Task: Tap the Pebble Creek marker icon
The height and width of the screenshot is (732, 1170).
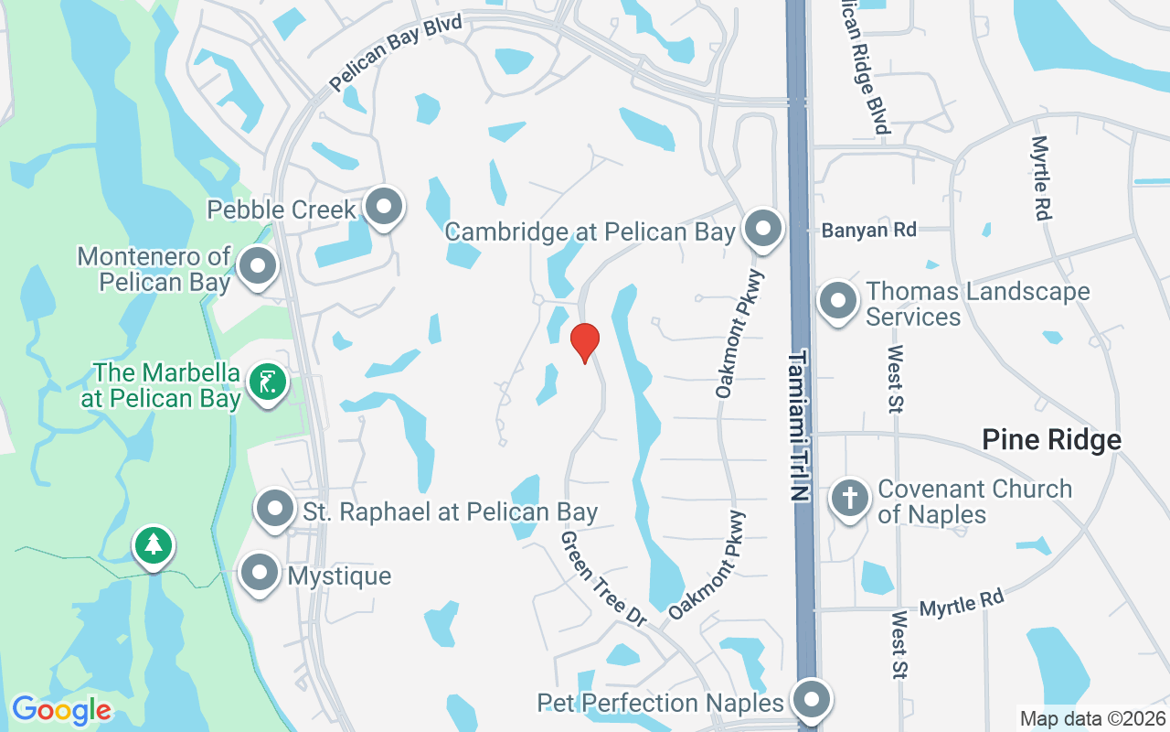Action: [384, 207]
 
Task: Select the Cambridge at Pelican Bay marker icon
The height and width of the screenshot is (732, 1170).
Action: [762, 230]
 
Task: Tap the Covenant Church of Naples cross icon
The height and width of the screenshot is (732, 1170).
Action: [850, 499]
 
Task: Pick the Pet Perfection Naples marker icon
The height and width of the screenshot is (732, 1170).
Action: [811, 702]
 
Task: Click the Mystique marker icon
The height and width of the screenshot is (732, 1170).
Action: [259, 574]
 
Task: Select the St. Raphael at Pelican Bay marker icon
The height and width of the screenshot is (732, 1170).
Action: [274, 510]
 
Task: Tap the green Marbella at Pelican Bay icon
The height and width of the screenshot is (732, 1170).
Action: [267, 382]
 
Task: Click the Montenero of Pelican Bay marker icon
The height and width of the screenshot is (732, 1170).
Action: [258, 267]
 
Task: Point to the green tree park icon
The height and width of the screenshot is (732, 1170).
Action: [154, 546]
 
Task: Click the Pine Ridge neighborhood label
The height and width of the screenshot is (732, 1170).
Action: [1051, 440]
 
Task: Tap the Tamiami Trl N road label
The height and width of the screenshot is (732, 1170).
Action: [800, 425]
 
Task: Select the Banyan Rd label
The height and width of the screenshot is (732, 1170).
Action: [868, 231]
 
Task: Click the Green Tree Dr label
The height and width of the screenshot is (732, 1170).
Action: [603, 578]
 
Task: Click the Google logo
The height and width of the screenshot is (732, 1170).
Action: [61, 710]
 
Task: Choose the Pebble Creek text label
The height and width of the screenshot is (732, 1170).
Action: [282, 210]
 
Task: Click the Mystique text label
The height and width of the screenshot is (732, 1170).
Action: [339, 576]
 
